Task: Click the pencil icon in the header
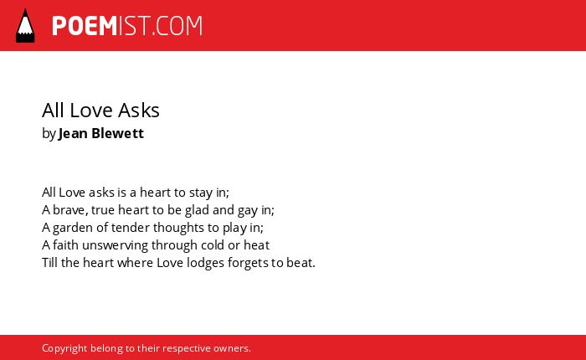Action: point(25,26)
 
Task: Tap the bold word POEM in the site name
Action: point(85,26)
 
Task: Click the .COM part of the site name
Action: point(177,26)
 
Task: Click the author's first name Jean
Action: point(73,133)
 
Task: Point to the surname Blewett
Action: point(117,133)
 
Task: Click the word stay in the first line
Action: point(201,193)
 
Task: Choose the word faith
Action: point(65,245)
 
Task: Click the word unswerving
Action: point(116,246)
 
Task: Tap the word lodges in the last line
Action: point(206,263)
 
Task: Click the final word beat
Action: point(301,263)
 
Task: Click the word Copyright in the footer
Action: point(64,349)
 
